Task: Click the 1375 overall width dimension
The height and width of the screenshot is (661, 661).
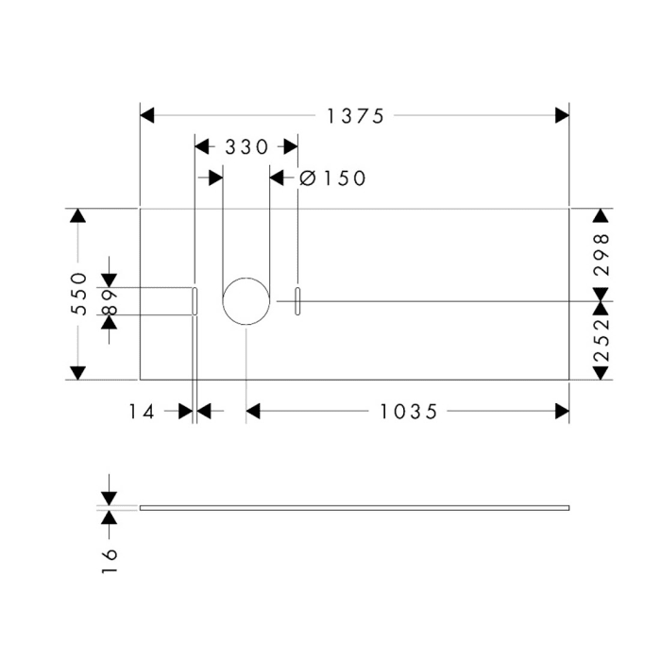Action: [x=355, y=115]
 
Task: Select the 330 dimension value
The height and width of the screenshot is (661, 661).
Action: [x=246, y=147]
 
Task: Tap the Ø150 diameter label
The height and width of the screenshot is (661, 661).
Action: [x=331, y=178]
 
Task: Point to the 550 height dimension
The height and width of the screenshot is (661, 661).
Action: [x=78, y=294]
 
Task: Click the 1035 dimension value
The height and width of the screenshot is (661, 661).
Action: [x=409, y=411]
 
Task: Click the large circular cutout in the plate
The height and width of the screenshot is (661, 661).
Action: [x=246, y=301]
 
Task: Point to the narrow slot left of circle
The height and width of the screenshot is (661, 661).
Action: [x=195, y=301]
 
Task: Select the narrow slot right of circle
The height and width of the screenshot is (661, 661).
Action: [x=297, y=301]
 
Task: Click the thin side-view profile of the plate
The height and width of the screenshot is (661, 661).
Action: [x=355, y=508]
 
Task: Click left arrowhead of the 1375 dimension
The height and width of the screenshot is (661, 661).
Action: [x=147, y=115]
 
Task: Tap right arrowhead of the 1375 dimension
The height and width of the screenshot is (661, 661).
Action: [x=562, y=115]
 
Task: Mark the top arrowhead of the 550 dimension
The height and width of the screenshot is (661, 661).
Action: [x=78, y=216]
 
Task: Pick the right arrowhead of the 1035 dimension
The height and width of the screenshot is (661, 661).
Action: [x=562, y=411]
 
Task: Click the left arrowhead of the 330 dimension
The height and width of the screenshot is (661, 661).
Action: [x=201, y=147]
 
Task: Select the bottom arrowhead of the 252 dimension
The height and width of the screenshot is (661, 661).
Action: [x=601, y=372]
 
